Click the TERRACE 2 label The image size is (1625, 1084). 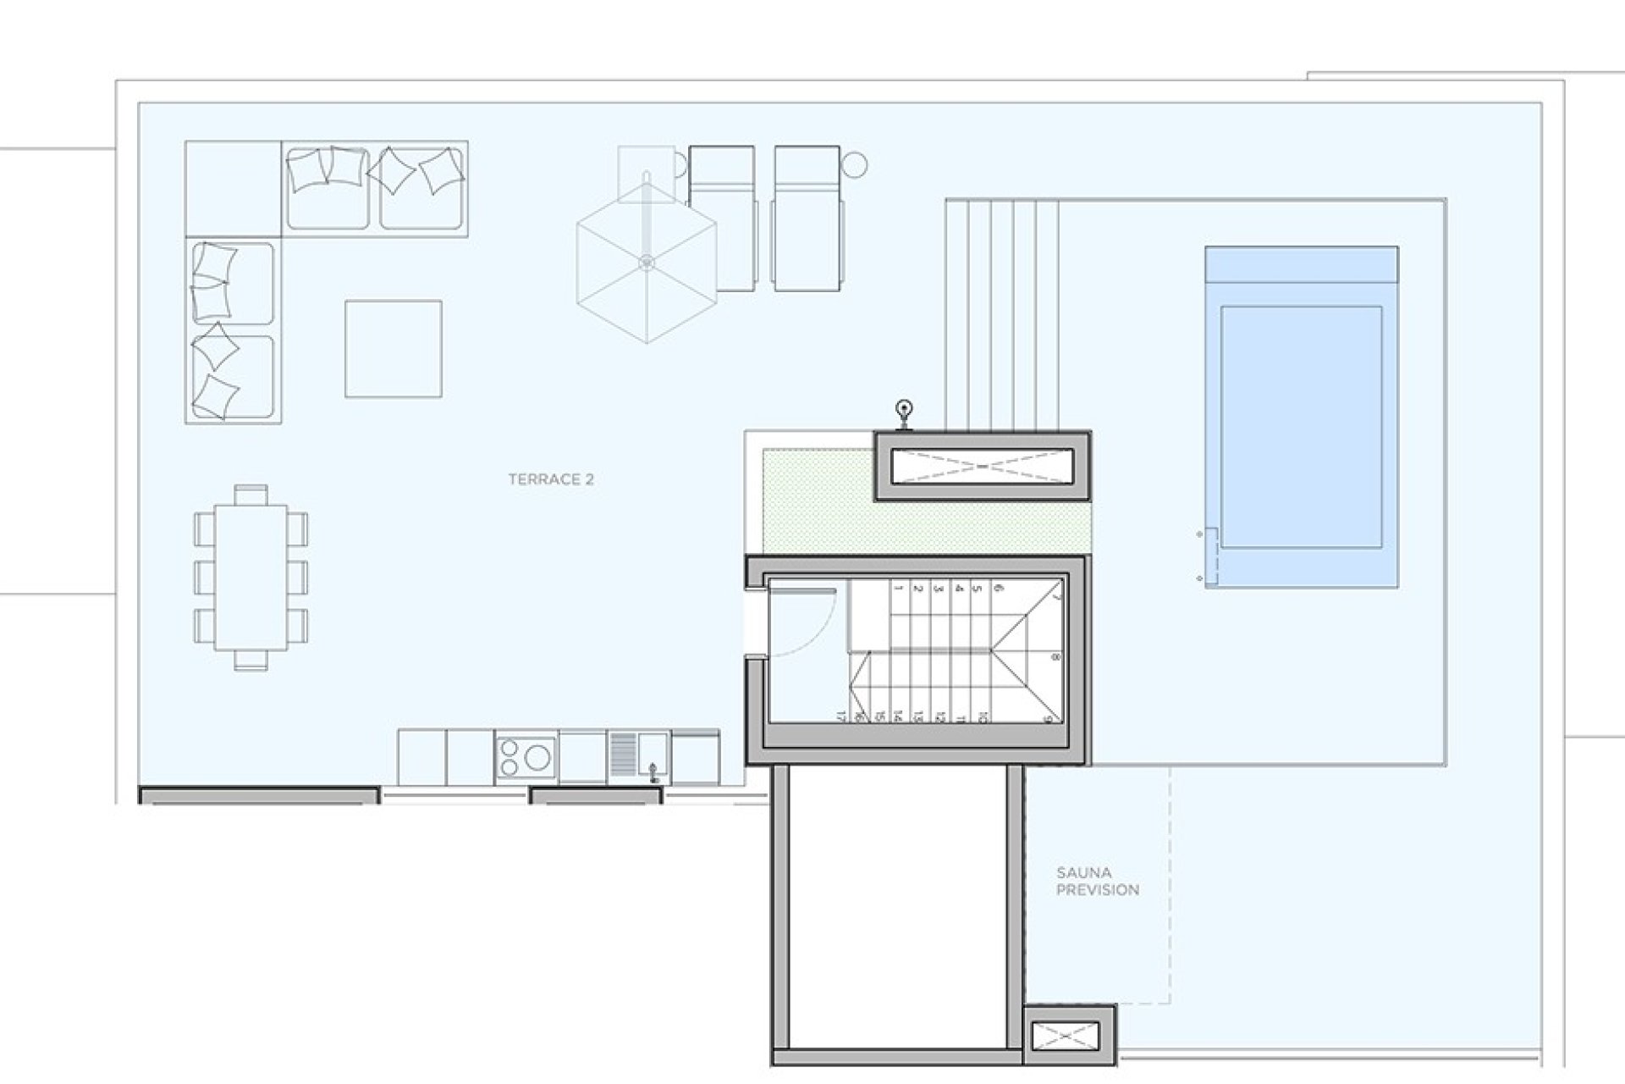(551, 479)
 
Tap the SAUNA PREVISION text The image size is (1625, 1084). (1098, 881)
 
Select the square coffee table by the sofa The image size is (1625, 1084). (394, 348)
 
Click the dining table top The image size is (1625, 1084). (251, 578)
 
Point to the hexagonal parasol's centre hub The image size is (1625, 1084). (647, 262)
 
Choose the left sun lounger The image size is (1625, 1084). (721, 218)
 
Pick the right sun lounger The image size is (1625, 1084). (807, 218)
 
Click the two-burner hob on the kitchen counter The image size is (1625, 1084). (526, 756)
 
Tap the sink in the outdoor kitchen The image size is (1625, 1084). (653, 757)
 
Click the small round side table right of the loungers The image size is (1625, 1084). (855, 163)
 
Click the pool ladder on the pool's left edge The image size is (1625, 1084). (1209, 556)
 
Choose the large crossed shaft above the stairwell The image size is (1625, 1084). (982, 467)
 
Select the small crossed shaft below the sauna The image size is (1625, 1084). (1070, 1036)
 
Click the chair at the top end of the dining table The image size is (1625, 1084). (251, 493)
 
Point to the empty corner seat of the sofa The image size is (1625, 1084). (233, 188)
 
